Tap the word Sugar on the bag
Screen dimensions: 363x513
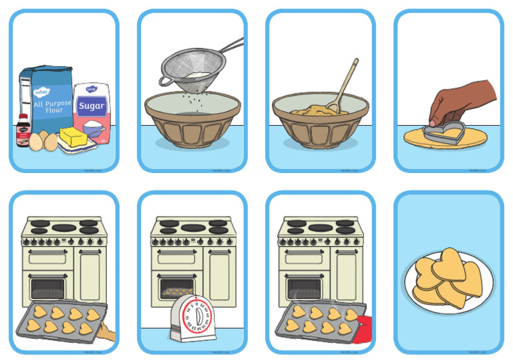(x=92, y=106)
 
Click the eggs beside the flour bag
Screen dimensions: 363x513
(x=41, y=140)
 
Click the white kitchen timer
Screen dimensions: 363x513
(x=194, y=318)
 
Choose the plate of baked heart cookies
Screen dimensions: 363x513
(x=449, y=281)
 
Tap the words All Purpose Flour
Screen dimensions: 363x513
(x=48, y=100)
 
